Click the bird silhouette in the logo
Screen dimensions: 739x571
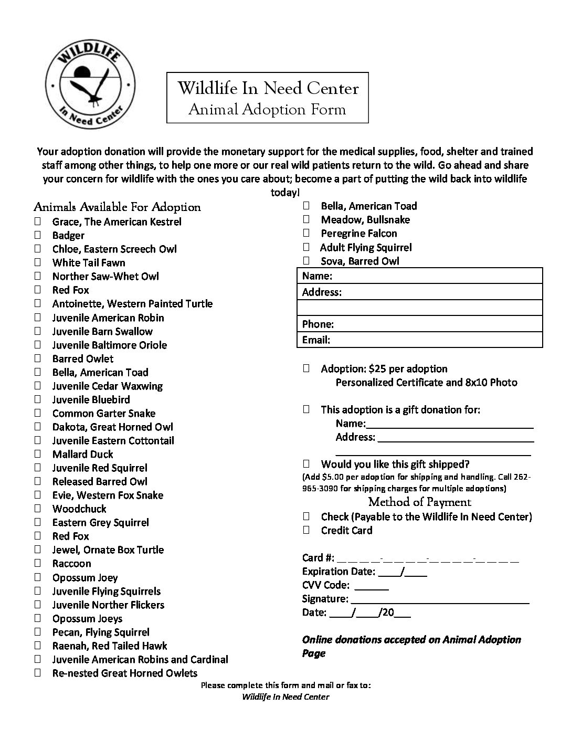90,87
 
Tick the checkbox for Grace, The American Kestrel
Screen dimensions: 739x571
38,221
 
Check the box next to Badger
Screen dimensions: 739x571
38,235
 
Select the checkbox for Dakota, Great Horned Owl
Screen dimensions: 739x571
38,427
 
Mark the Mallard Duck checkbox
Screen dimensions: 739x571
38,454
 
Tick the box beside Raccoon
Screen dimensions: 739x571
38,563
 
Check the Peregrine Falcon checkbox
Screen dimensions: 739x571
306,233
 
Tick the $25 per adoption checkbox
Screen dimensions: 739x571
306,368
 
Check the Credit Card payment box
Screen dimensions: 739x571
306,530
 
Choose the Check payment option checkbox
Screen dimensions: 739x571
306,516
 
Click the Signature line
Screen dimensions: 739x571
439,599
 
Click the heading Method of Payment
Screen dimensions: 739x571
419,502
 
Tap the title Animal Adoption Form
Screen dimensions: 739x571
267,109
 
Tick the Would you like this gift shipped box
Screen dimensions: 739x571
306,464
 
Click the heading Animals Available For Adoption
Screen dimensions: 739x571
117,207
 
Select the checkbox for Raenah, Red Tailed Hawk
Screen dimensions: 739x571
38,646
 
